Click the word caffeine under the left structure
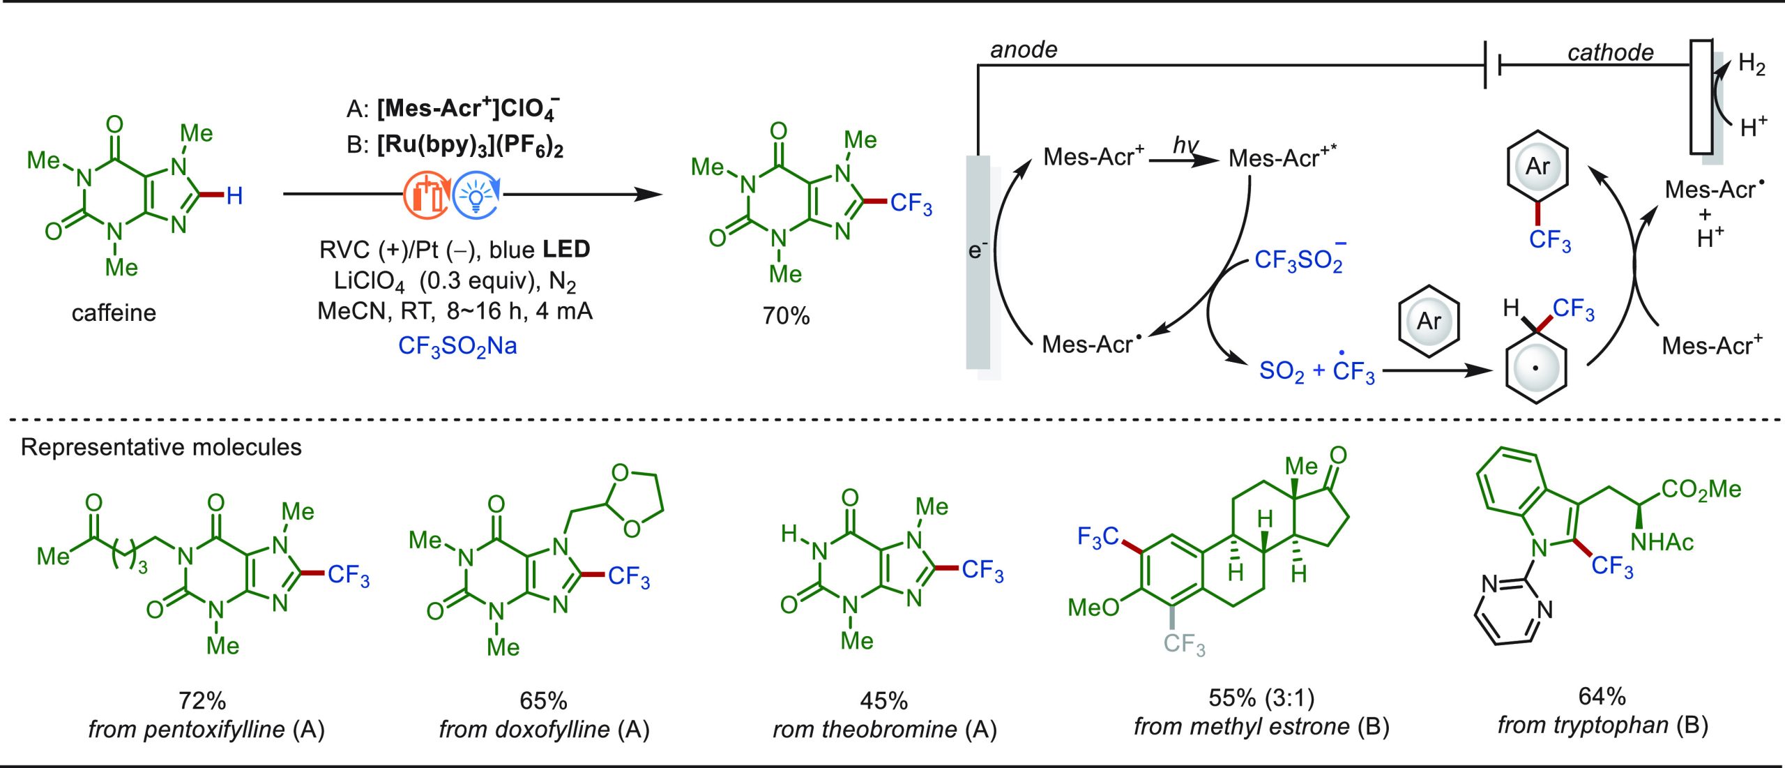click(114, 313)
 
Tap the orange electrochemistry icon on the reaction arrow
click(427, 195)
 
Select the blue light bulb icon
click(476, 195)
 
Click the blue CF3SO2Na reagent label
click(457, 346)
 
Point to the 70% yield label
click(786, 316)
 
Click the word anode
click(1024, 50)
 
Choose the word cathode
click(1611, 52)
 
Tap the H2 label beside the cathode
click(1752, 64)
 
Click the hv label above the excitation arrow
click(1185, 144)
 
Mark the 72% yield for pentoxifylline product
click(202, 700)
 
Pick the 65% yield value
click(543, 700)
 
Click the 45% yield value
click(884, 700)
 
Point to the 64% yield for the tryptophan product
click(1602, 696)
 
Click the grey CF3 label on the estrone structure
click(1184, 644)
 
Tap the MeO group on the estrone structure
click(1093, 608)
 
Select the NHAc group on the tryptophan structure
click(1662, 542)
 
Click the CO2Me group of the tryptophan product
click(1701, 490)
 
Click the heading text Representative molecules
click(161, 447)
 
